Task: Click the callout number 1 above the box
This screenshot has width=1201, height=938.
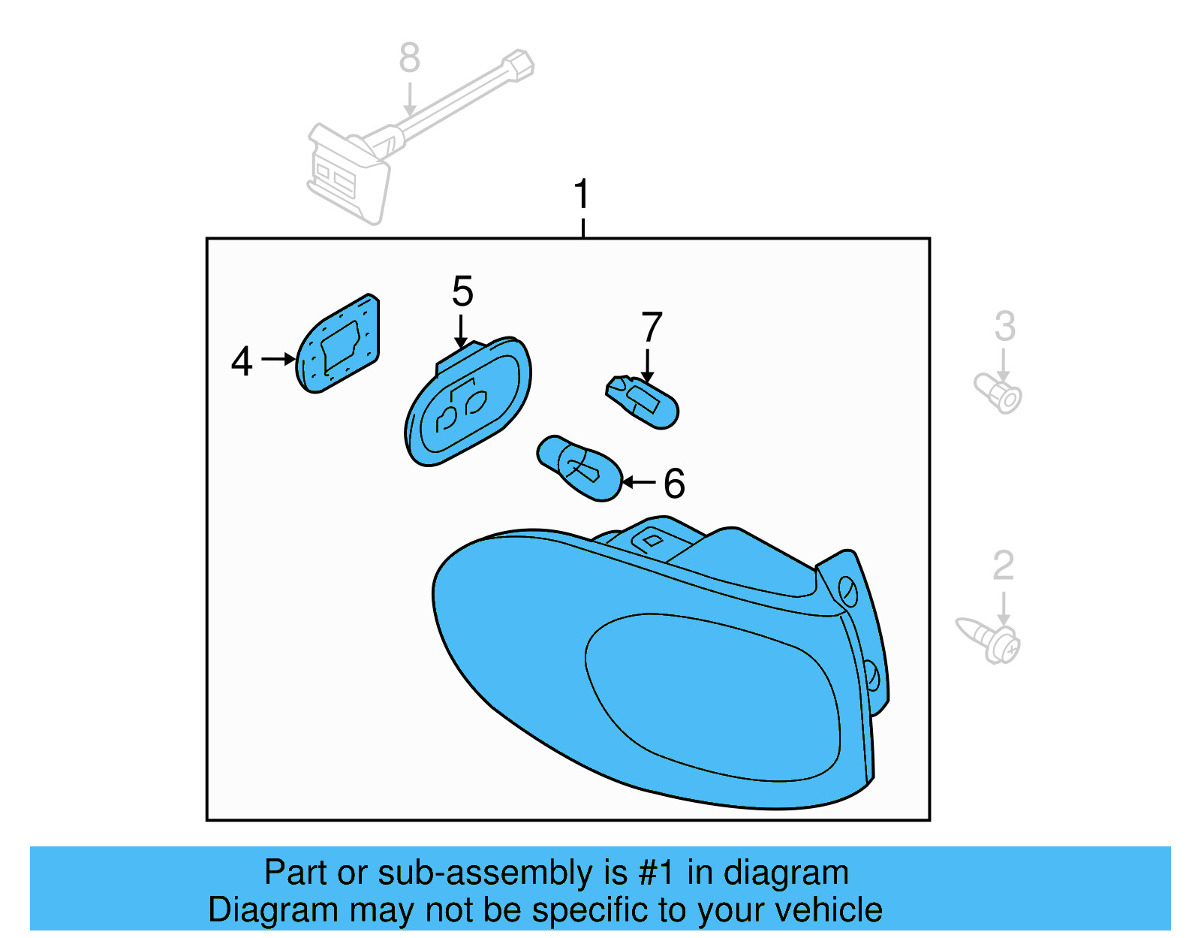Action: (582, 194)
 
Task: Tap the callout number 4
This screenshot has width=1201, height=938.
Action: (242, 361)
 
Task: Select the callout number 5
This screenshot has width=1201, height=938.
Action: (462, 291)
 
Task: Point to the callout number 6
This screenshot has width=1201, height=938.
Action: (674, 483)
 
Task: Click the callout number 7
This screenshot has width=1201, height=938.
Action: (652, 327)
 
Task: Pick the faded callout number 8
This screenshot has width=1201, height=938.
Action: (409, 58)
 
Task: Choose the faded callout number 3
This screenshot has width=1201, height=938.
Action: (1004, 327)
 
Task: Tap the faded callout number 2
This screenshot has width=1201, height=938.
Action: (1003, 566)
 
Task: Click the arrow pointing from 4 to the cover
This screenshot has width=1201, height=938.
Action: (278, 360)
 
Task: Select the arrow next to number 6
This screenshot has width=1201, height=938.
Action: (639, 482)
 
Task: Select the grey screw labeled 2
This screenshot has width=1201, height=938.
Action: (989, 639)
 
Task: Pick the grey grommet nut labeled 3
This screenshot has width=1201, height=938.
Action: (999, 393)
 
